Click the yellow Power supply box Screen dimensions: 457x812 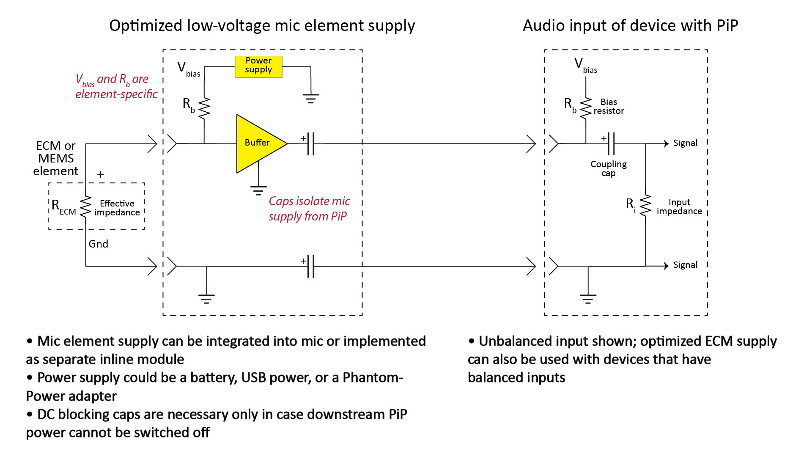point(258,66)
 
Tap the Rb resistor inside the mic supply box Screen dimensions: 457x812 point(204,108)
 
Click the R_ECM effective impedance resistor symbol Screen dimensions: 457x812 point(85,206)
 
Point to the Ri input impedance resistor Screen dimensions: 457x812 point(645,206)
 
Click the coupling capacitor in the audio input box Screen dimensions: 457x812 point(611,144)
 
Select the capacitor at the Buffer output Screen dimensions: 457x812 point(311,144)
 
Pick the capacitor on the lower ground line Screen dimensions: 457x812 point(311,266)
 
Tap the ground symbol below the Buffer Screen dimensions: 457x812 point(258,190)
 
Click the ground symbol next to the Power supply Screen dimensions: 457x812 point(311,99)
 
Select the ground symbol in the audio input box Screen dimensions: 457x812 point(588,299)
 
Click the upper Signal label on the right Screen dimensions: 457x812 point(685,143)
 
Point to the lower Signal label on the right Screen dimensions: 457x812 point(685,265)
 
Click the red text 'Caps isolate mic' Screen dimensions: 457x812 point(309,201)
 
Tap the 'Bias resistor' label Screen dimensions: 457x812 point(609,106)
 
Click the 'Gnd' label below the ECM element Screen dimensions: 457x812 point(98,244)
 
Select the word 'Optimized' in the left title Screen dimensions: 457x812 point(146,26)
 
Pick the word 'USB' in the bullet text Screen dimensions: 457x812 point(254,377)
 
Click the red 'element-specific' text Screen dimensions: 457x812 point(116,94)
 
